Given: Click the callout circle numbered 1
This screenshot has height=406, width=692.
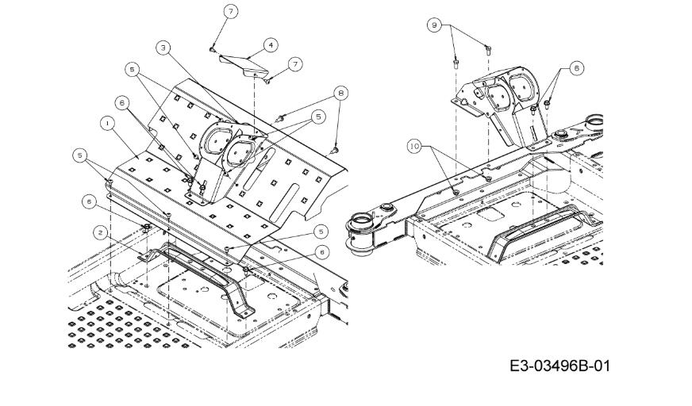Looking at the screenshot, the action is pyautogui.click(x=107, y=124).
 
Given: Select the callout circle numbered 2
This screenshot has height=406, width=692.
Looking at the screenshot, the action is pyautogui.click(x=101, y=233).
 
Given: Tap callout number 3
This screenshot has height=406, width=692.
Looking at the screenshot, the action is pyautogui.click(x=163, y=48).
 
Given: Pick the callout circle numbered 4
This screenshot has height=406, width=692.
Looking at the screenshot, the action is pyautogui.click(x=271, y=45).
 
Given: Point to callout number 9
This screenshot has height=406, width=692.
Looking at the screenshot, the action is pyautogui.click(x=434, y=25).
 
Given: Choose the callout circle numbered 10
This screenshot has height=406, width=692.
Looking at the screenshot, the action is pyautogui.click(x=414, y=147).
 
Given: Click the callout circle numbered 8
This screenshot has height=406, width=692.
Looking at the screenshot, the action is pyautogui.click(x=340, y=94).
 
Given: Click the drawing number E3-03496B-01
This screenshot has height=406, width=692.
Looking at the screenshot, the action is pyautogui.click(x=559, y=366).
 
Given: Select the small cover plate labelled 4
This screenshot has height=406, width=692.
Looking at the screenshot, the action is pyautogui.click(x=244, y=65).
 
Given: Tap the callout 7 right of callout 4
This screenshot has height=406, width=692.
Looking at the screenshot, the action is pyautogui.click(x=296, y=64).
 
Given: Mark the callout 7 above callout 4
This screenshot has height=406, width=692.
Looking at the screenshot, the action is pyautogui.click(x=231, y=12).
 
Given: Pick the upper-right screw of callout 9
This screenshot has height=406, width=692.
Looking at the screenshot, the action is pyautogui.click(x=488, y=49).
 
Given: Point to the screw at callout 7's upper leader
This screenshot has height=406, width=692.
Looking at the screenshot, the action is pyautogui.click(x=212, y=50).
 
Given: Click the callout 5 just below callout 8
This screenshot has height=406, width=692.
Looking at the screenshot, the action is pyautogui.click(x=318, y=117).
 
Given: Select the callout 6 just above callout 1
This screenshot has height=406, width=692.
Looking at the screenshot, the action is pyautogui.click(x=122, y=103).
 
